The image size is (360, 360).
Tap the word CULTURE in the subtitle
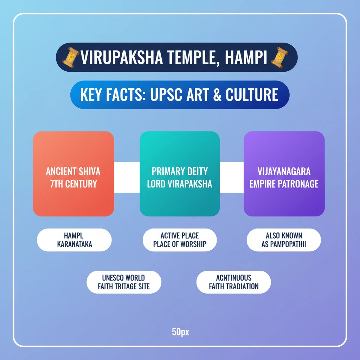252,95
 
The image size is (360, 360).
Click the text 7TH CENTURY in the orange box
73,184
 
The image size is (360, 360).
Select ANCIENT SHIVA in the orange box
73,172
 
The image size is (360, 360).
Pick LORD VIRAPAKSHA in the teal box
180,184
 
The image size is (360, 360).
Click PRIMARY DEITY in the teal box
180,172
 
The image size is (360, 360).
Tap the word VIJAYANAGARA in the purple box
284,172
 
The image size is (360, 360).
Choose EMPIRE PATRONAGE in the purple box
284,184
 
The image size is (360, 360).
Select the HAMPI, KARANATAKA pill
74,240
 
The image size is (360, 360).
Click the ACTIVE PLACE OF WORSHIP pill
180,240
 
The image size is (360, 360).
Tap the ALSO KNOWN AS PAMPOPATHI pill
284,240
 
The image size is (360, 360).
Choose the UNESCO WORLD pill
124,282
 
